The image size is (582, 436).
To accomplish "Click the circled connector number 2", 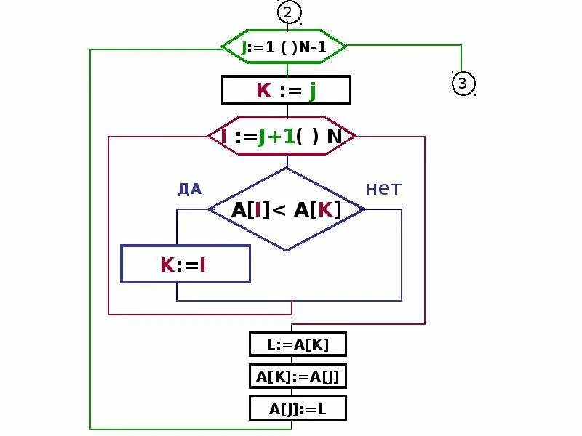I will coord(288,12).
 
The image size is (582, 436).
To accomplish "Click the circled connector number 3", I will coord(463,84).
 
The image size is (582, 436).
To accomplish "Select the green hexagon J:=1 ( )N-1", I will coord(284,48).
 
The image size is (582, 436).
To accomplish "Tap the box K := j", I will coord(286,91).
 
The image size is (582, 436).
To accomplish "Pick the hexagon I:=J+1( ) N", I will coord(282,136).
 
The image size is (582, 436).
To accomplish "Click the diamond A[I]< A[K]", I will coord(287,209).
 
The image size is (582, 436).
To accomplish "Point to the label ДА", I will coord(189,190).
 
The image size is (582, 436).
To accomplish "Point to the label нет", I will coord(383,189).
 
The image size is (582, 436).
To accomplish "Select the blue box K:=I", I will coord(185,264).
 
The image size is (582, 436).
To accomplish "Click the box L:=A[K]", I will coord(298,344).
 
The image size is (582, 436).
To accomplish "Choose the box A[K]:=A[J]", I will coord(298,376).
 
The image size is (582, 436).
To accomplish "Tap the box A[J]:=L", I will coord(298,408).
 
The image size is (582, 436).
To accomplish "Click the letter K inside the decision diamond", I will coord(325,209).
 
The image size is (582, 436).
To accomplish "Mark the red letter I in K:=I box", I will coord(203,265).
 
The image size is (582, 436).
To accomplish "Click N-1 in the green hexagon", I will coord(310,49).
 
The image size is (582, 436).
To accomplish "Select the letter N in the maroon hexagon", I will coord(335,136).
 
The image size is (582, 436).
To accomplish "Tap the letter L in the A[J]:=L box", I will coord(321,409).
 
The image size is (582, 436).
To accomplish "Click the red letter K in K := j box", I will coord(263,91).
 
